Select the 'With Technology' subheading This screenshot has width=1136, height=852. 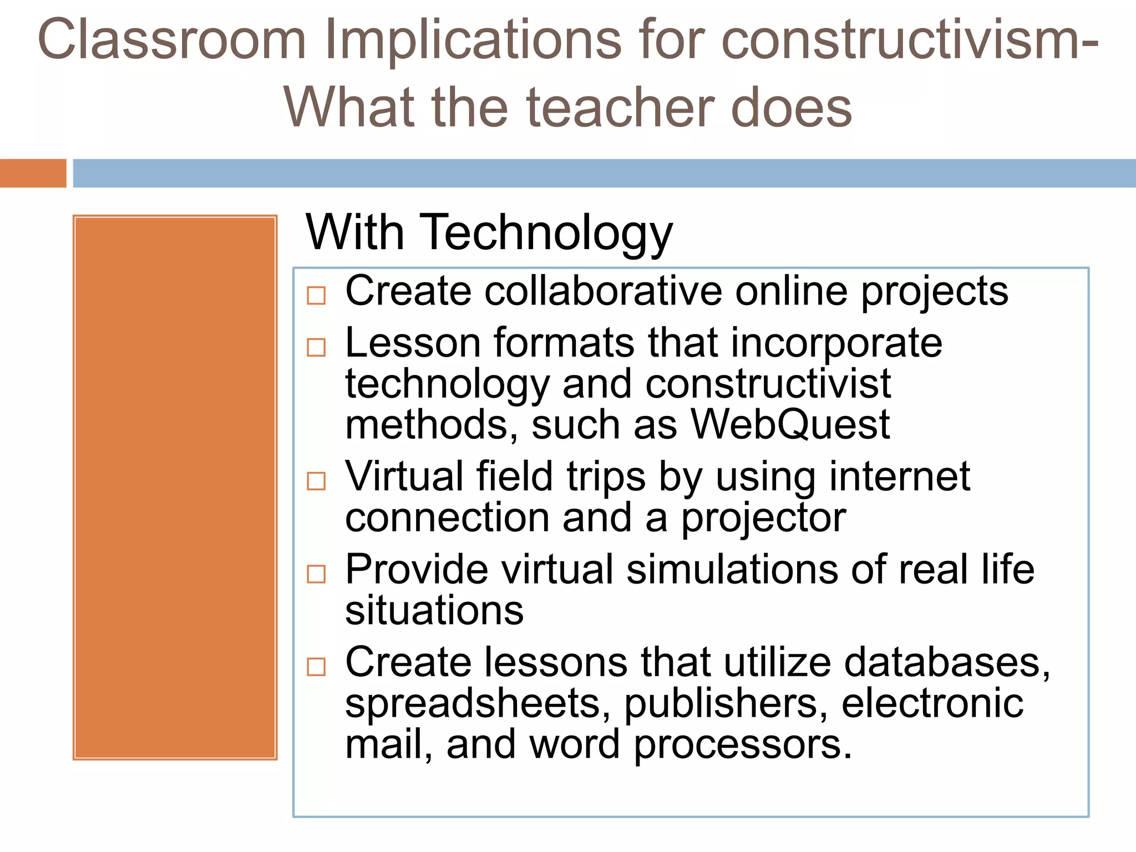tap(489, 233)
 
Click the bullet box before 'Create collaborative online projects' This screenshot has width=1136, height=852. tap(316, 295)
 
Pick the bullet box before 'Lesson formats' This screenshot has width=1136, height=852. tap(316, 347)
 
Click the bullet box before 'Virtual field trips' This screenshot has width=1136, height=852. tap(316, 481)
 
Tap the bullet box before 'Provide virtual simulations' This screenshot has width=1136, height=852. tap(316, 574)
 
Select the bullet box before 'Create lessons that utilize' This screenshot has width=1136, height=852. tap(316, 666)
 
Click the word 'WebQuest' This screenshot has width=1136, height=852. tap(790, 425)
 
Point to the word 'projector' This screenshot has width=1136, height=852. tap(763, 519)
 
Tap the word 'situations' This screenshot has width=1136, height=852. tap(434, 611)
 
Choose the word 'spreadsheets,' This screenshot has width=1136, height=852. tap(478, 704)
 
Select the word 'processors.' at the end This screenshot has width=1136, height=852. tap(743, 745)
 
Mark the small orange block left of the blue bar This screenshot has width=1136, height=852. tap(33, 173)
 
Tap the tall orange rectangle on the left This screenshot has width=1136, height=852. tap(175, 487)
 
